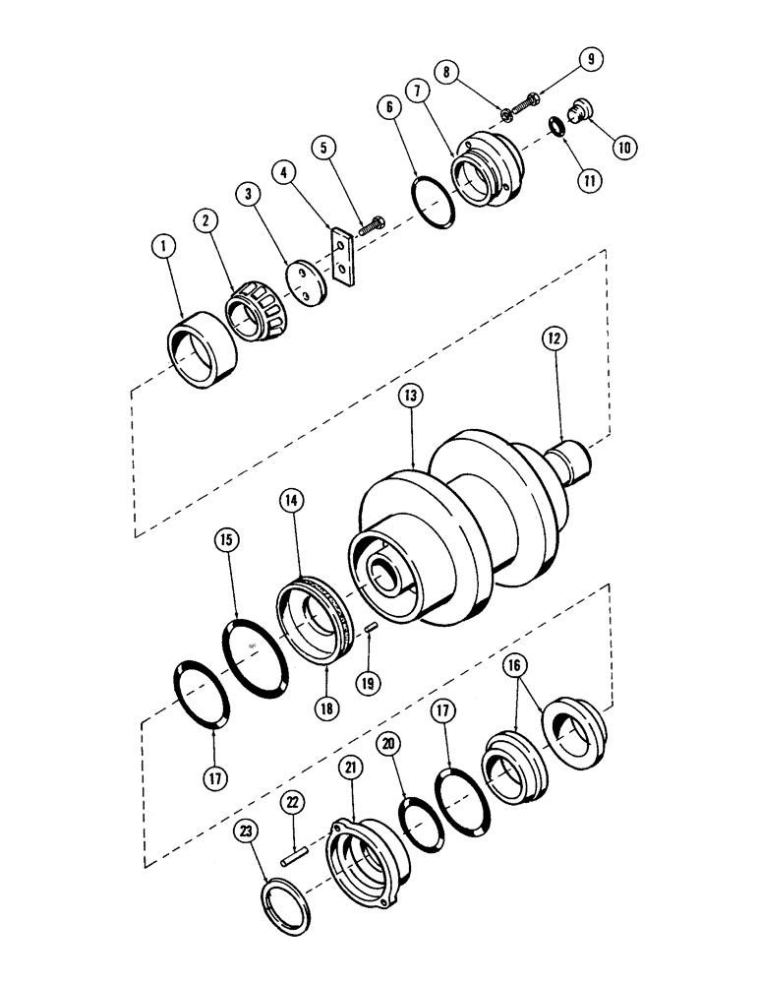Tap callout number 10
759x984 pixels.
point(623,146)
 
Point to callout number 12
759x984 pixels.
point(556,338)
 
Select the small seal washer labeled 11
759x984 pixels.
point(558,126)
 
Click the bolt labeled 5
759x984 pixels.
point(374,225)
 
